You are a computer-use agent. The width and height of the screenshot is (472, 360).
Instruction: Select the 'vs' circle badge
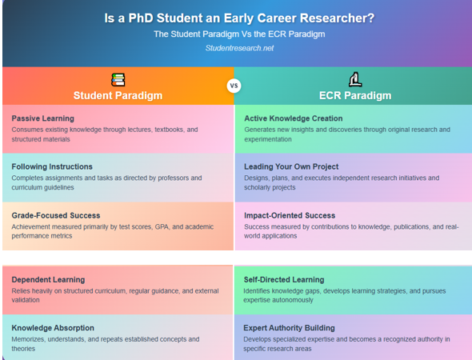coord(234,86)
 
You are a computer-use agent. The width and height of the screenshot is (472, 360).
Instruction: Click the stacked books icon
coord(118,79)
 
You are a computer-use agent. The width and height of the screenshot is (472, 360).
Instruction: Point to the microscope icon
coord(355,79)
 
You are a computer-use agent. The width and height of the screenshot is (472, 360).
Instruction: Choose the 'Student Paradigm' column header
coord(118,96)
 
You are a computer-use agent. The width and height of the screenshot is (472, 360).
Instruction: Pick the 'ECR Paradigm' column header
coord(355,96)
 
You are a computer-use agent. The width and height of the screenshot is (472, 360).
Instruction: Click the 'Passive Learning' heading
coord(42,118)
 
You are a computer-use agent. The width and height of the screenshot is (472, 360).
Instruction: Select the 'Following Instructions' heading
coord(52,166)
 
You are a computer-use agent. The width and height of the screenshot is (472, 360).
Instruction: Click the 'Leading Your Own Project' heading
coord(291,166)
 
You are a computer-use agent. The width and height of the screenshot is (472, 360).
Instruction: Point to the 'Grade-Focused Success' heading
coord(56,215)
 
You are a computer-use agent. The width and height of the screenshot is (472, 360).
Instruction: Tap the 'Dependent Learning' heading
coord(48,280)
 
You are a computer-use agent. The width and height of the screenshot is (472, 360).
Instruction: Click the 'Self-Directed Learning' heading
coord(284,280)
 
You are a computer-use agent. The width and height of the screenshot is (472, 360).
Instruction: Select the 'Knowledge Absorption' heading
coord(53,328)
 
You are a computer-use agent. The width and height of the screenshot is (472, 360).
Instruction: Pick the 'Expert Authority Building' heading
coord(290,328)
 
